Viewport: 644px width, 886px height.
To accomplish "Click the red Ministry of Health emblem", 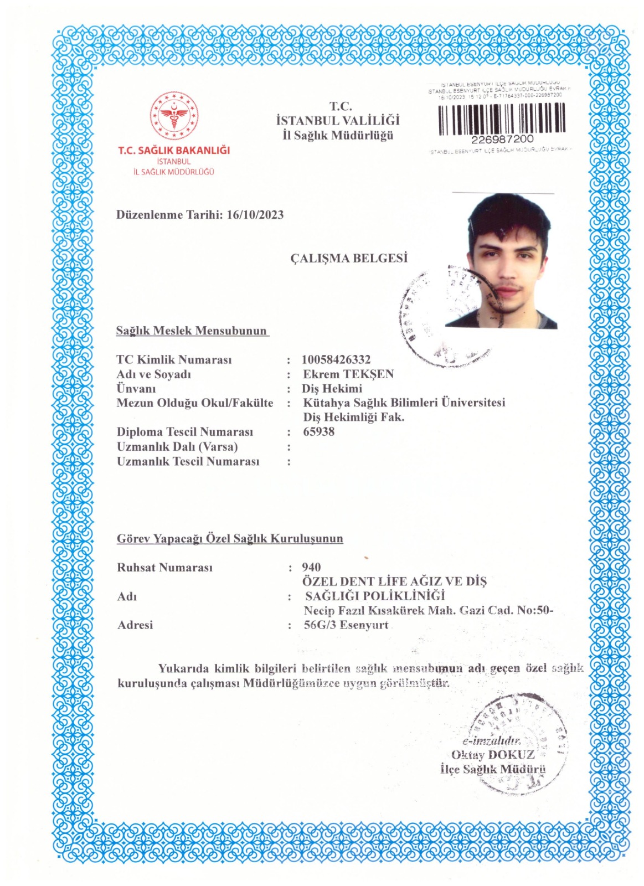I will (x=174, y=116).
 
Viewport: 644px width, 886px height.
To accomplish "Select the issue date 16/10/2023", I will (x=255, y=215).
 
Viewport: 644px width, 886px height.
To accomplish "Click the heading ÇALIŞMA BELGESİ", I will (x=349, y=258).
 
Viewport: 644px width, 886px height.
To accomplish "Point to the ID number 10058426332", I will (x=336, y=360).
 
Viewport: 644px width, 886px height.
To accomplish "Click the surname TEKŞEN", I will (x=368, y=374).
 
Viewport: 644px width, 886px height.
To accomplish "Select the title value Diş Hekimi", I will (x=332, y=389).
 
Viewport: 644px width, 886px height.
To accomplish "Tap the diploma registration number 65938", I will (x=319, y=432).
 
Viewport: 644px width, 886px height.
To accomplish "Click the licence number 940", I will (x=311, y=567).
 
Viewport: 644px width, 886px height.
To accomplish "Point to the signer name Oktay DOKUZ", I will (x=493, y=755).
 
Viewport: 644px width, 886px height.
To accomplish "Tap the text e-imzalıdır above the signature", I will (x=492, y=741).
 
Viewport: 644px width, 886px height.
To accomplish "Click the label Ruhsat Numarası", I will (x=165, y=568).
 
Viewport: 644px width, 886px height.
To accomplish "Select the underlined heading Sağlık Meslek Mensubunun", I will (x=192, y=331).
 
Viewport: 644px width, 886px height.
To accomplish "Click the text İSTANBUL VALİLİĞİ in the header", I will (x=338, y=121).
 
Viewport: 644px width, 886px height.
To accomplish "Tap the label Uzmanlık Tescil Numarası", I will (x=188, y=462).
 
